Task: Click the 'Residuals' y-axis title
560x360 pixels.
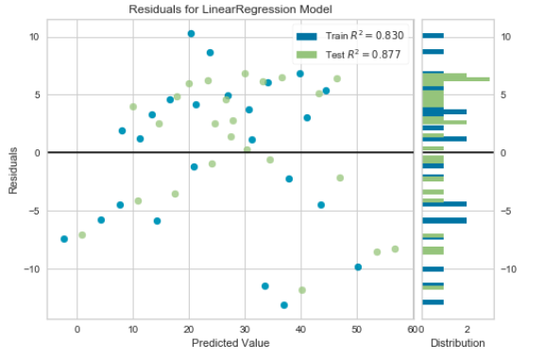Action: click(13, 170)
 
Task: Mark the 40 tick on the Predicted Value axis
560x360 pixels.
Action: click(301, 328)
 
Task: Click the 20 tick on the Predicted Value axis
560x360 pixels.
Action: click(189, 328)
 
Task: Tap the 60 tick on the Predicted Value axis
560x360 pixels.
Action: click(413, 328)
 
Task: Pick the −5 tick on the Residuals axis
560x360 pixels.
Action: click(34, 211)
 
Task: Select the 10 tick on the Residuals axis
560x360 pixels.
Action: click(34, 37)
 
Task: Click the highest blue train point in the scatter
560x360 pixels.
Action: click(191, 33)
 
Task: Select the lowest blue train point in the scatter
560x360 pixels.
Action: click(284, 305)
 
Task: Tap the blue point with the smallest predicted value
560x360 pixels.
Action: click(64, 239)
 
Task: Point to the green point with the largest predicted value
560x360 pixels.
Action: click(395, 249)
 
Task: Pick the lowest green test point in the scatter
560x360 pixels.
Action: click(302, 290)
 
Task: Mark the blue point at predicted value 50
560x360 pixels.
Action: click(358, 267)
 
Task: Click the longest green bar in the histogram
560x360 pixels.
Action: click(455, 79)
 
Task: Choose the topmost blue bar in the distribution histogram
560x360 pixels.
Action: click(433, 37)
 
